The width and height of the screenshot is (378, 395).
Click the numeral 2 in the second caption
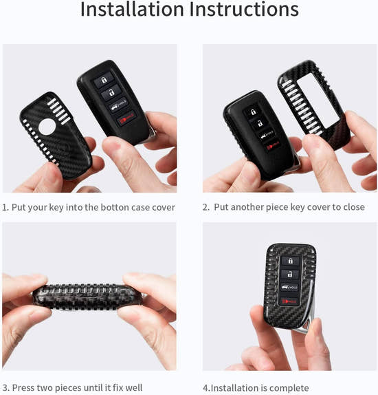[x=205, y=207]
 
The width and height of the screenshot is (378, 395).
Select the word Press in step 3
[x=25, y=388]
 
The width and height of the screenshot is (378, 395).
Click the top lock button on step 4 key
[x=290, y=261]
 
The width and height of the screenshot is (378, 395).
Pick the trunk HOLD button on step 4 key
[x=290, y=288]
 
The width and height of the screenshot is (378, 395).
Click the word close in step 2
[x=353, y=207]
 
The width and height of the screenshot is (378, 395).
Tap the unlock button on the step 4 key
[x=290, y=274]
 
